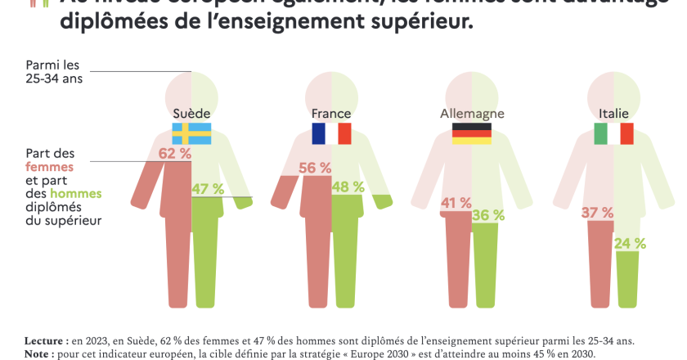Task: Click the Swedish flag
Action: (191, 133)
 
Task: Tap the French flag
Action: (331, 133)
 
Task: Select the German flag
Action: (472, 133)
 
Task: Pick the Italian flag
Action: (614, 133)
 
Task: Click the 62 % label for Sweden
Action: (174, 154)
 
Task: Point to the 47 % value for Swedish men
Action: (208, 189)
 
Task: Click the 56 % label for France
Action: (315, 167)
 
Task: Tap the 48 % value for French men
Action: (348, 187)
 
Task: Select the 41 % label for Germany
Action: (456, 203)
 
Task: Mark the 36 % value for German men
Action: (488, 215)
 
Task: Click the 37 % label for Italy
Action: (597, 213)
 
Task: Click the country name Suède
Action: (192, 113)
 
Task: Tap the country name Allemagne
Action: (472, 113)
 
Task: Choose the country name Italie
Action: (614, 113)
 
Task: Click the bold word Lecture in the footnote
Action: (47, 340)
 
